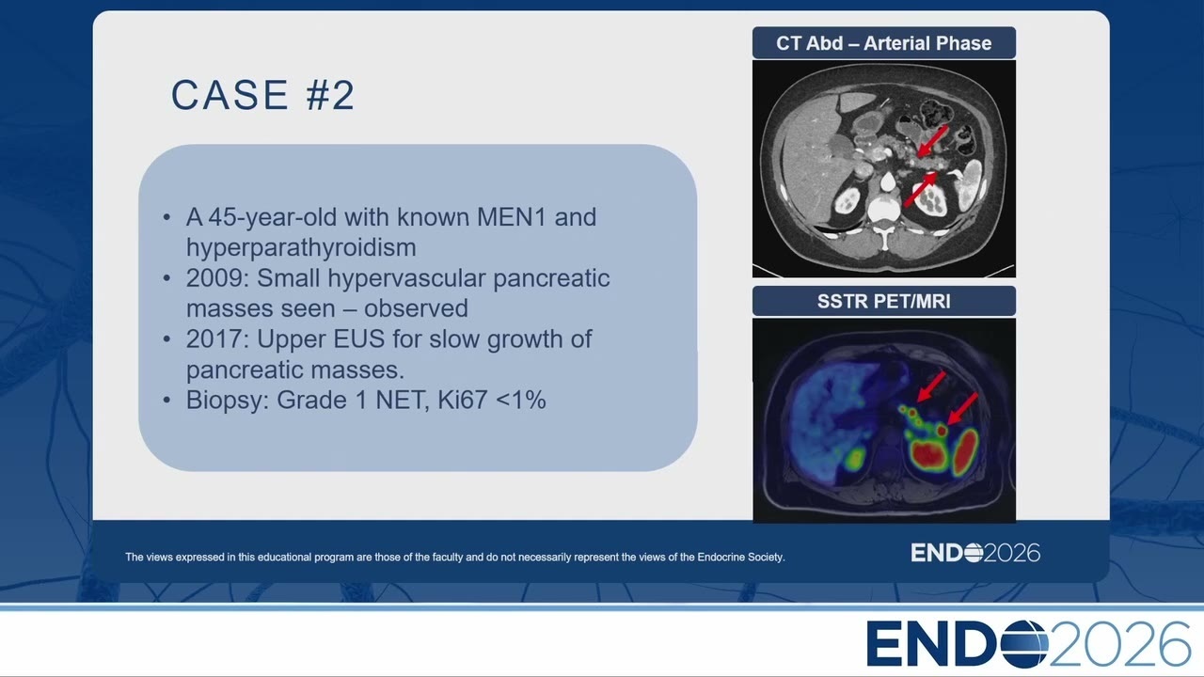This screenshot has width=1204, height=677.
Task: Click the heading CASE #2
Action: (262, 95)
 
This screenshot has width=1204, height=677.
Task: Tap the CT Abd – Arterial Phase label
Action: (883, 43)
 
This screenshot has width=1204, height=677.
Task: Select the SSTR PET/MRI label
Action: (883, 302)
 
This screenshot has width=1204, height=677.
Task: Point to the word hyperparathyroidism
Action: (301, 247)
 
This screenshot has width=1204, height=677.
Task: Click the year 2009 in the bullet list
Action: (217, 278)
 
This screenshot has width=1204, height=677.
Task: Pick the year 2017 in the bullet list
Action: (217, 339)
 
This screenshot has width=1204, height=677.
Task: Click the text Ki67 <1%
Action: (492, 401)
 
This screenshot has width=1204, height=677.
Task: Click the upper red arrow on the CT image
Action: (932, 141)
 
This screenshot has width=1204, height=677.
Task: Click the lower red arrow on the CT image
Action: (920, 189)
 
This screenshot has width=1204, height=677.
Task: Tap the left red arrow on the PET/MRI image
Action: (931, 386)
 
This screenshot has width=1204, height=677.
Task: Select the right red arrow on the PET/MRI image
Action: (962, 409)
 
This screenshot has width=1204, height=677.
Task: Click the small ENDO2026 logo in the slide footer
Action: (975, 553)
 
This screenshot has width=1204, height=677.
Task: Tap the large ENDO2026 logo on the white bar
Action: (1028, 644)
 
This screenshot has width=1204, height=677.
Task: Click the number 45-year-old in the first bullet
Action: (273, 217)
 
